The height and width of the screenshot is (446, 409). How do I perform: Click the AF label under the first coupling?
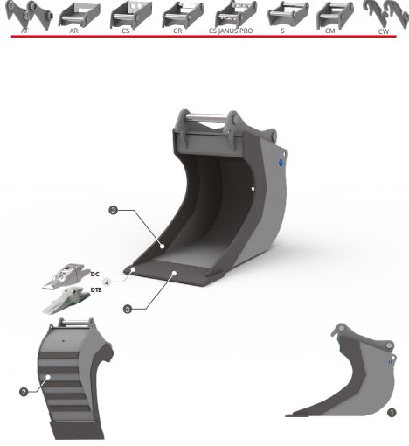[25, 31]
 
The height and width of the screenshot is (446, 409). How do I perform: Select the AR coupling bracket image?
[80, 15]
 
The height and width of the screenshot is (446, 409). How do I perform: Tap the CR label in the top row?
[177, 31]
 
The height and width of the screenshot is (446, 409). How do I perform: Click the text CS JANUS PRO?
[231, 31]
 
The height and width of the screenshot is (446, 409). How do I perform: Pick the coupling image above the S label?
[288, 14]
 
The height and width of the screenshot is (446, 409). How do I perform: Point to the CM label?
[329, 31]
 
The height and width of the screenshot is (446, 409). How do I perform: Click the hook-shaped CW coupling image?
[385, 14]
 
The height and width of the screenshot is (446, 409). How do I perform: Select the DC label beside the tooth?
[94, 274]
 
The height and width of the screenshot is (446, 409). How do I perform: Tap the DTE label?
[96, 290]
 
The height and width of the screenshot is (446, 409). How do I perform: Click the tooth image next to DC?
[66, 276]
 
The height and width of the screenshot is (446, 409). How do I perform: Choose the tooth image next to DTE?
[66, 300]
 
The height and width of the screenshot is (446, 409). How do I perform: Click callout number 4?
[107, 282]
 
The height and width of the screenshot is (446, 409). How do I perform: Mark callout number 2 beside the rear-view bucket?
[24, 392]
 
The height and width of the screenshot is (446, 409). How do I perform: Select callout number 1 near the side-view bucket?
[392, 413]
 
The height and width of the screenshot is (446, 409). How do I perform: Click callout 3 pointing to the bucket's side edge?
[114, 210]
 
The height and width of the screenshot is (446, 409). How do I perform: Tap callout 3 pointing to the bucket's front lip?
[128, 309]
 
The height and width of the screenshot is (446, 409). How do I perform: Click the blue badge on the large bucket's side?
[281, 163]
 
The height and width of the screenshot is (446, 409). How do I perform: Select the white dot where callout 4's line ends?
[133, 269]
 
